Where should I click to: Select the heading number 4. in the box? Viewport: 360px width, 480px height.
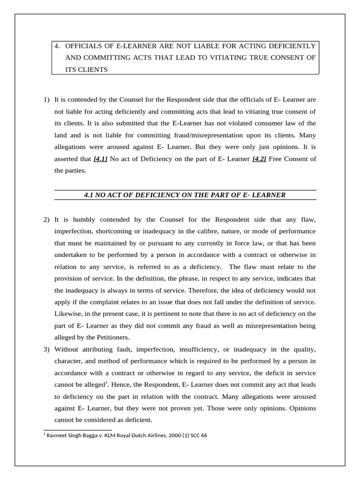[58, 46]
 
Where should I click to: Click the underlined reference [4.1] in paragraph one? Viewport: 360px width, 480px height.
[100, 159]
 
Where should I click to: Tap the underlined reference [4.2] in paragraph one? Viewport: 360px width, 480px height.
[259, 159]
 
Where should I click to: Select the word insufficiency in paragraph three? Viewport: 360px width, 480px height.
[198, 349]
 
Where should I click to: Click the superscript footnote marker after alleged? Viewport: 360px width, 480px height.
[106, 382]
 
